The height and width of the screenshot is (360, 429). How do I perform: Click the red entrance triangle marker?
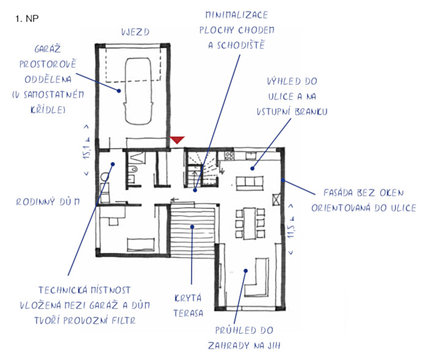click(x=177, y=140)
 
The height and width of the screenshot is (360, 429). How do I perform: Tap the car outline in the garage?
click(x=138, y=91)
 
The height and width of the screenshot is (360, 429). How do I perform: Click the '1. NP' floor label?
click(x=27, y=18)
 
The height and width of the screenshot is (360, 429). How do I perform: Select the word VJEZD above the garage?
click(x=135, y=32)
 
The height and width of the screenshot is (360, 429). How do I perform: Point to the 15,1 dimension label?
click(x=86, y=150)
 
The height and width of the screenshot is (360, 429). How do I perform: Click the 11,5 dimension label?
click(x=291, y=228)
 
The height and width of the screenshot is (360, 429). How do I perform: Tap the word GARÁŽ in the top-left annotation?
click(x=47, y=49)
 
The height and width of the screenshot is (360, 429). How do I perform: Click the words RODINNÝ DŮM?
click(x=48, y=201)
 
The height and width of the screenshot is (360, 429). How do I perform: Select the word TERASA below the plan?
click(x=188, y=313)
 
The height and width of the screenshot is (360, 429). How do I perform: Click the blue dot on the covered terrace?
click(x=192, y=227)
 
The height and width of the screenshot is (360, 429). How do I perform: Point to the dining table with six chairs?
click(x=250, y=223)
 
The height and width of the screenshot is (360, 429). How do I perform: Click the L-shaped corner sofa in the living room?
click(x=256, y=277)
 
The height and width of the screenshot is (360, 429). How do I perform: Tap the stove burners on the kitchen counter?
click(x=229, y=156)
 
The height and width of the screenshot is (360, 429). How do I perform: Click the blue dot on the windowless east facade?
click(x=283, y=180)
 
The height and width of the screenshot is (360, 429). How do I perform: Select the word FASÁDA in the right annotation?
click(x=338, y=193)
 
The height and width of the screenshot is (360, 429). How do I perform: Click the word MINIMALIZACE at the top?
click(x=237, y=15)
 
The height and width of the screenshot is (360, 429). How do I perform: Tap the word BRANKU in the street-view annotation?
click(x=311, y=112)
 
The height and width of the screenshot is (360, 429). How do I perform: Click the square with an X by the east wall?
click(x=276, y=199)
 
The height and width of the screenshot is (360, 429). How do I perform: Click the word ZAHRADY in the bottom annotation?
click(x=229, y=346)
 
